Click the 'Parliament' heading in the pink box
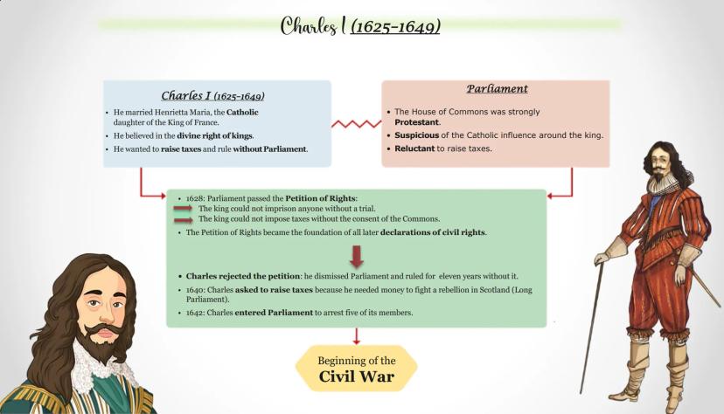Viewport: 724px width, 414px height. [497, 88]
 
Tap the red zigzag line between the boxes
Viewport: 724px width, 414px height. [356, 124]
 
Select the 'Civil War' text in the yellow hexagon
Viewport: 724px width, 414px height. [356, 377]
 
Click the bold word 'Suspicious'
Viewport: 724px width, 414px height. [419, 135]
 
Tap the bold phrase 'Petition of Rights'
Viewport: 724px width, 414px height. [321, 199]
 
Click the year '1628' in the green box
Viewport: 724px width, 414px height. [196, 199]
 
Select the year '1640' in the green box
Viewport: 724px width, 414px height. [196, 289]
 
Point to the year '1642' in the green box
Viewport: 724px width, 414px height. [196, 312]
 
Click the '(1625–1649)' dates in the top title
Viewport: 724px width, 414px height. [395, 26]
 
